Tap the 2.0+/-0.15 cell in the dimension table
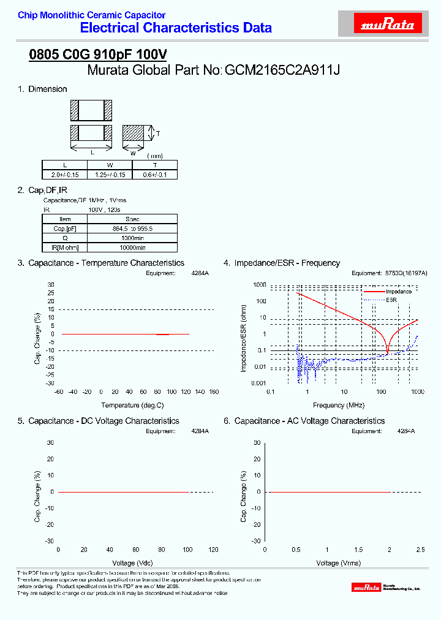[x=64, y=175]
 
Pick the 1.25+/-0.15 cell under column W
[x=110, y=175]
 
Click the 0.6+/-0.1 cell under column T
[x=154, y=175]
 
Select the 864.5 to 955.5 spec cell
[x=132, y=229]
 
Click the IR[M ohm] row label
[x=65, y=248]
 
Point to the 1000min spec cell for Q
[x=132, y=238]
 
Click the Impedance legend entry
[x=398, y=292]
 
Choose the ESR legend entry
[x=391, y=300]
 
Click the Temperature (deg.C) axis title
[x=133, y=406]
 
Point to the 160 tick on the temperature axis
[x=214, y=392]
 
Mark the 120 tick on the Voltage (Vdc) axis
[x=213, y=550]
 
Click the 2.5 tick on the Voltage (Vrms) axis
[x=420, y=550]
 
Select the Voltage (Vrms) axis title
[x=339, y=563]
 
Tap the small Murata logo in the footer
[x=366, y=588]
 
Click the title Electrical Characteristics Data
[x=176, y=28]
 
